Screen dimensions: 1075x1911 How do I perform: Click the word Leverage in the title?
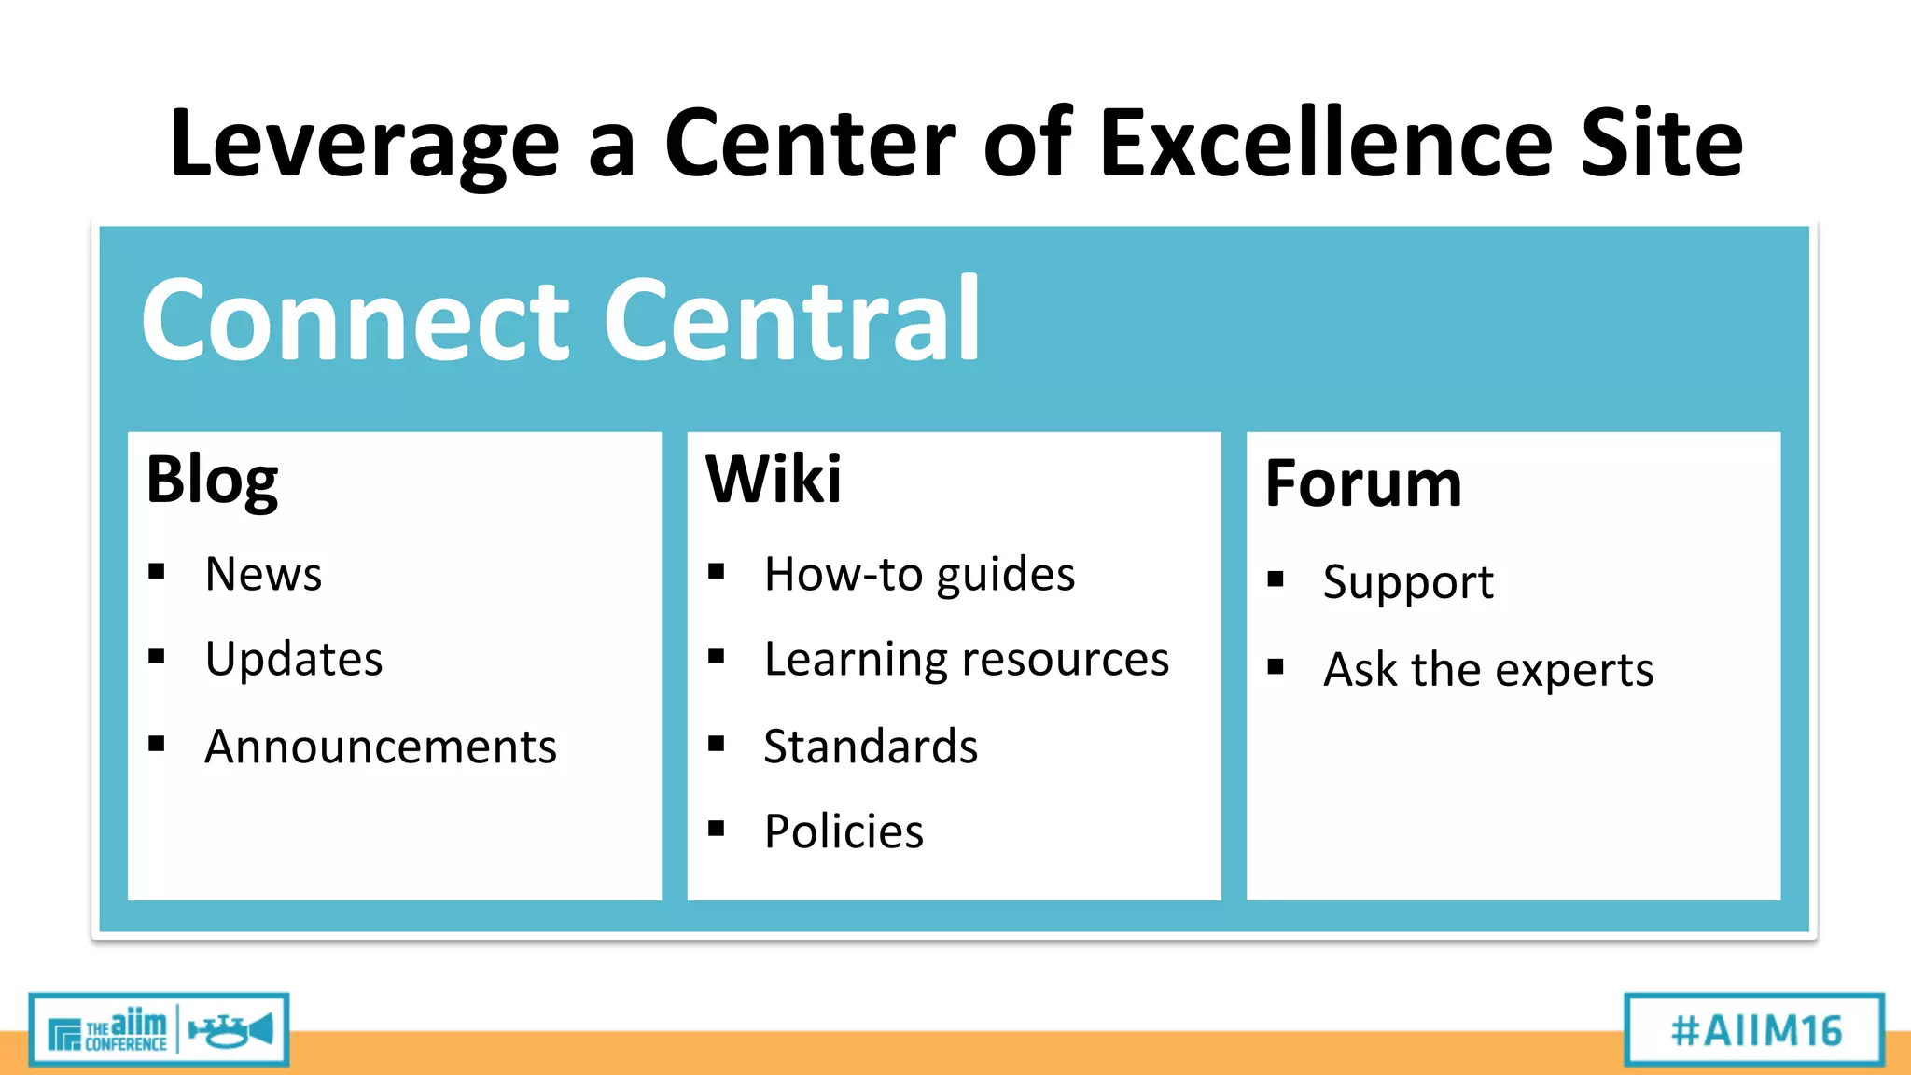[x=364, y=145]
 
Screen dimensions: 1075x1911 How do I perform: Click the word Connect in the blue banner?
[x=355, y=320]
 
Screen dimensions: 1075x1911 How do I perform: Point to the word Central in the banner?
[x=793, y=320]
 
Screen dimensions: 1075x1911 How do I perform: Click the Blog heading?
[x=213, y=480]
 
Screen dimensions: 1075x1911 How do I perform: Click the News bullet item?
[x=263, y=573]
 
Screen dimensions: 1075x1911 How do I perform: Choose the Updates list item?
[x=294, y=659]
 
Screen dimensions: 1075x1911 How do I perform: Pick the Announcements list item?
[x=381, y=747]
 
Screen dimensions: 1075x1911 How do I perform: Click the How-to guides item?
[x=919, y=574]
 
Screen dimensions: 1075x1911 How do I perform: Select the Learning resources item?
[x=966, y=660]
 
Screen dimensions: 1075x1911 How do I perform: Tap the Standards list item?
[x=871, y=747]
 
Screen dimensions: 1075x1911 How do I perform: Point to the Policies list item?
[x=844, y=831]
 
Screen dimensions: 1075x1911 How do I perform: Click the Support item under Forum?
[x=1408, y=582]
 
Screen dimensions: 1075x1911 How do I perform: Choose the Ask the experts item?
[x=1488, y=670]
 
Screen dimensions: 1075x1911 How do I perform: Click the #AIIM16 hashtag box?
[x=1755, y=1030]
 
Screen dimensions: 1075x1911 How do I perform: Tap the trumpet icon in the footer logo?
[x=230, y=1030]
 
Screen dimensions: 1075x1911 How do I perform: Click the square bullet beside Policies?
[x=717, y=828]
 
